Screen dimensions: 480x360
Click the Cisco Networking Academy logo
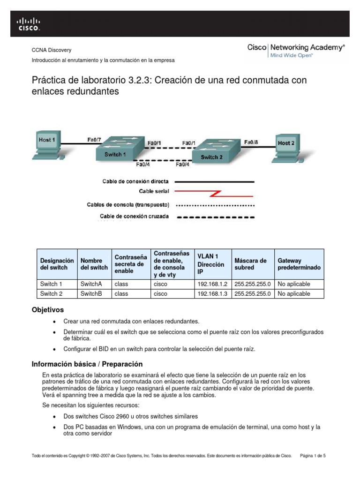tap(296, 50)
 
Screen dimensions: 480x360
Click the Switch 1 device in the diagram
tap(115, 151)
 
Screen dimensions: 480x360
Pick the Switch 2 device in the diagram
tap(212, 154)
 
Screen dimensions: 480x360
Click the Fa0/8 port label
tap(251, 141)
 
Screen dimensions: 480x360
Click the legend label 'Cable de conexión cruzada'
tap(135, 217)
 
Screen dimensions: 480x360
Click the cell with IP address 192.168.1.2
tap(211, 284)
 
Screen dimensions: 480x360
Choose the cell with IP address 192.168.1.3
tap(211, 294)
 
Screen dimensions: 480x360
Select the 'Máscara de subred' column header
tap(250, 264)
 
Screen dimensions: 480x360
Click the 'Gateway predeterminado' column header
tap(299, 264)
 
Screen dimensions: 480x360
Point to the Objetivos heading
tap(47, 310)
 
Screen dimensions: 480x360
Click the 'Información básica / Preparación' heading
tap(87, 364)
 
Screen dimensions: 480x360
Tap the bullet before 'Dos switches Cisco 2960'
tap(55, 416)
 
